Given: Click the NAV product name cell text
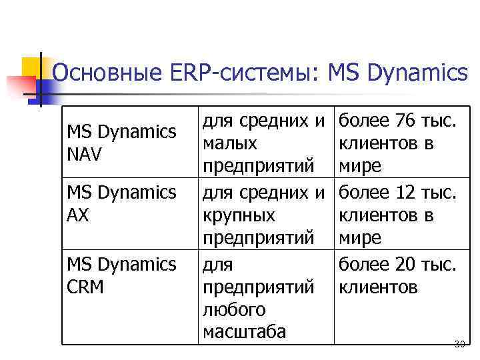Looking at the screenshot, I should pyautogui.click(x=85, y=155).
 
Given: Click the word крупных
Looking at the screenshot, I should pyautogui.click(x=238, y=215).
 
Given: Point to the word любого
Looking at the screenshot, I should pyautogui.click(x=234, y=309).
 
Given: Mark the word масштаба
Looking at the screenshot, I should pyautogui.click(x=243, y=331).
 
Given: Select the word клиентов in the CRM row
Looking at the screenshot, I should pyautogui.click(x=378, y=287).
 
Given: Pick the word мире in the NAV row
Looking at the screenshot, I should pyautogui.click(x=360, y=165).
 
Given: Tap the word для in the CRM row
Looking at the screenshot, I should pyautogui.click(x=217, y=265).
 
